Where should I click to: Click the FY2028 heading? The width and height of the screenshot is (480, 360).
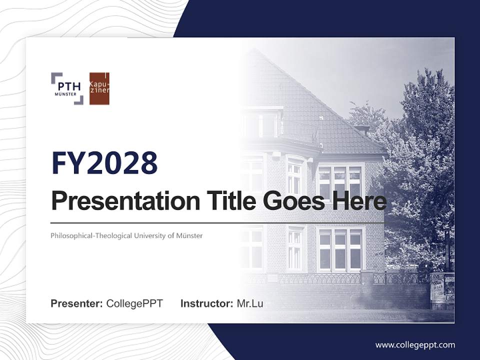(104, 163)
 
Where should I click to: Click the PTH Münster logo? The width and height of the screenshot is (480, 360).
(67, 88)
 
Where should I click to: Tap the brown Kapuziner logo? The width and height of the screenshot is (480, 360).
(99, 88)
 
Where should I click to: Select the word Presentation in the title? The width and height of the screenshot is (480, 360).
(118, 201)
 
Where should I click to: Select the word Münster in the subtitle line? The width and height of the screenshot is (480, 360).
(189, 235)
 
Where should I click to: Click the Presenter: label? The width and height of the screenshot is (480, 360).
(77, 303)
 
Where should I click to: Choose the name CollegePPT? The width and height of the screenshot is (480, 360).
(134, 303)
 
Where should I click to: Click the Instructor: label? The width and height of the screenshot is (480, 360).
(206, 303)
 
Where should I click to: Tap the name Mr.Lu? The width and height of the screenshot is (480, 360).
(250, 303)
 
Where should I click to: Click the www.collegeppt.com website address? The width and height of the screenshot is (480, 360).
(415, 344)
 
